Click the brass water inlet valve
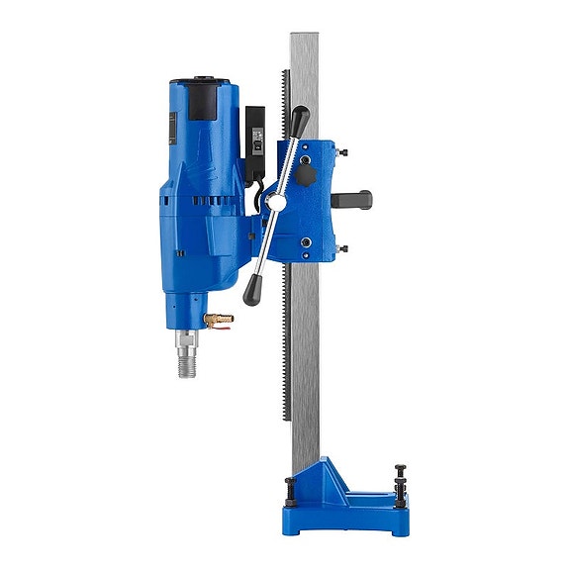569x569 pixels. (220, 319)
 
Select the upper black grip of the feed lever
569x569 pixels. (299, 122)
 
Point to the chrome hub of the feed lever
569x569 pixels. (277, 202)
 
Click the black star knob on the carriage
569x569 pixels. (305, 176)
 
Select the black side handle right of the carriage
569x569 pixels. (350, 199)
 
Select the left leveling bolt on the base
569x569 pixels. (289, 487)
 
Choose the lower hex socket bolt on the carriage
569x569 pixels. (304, 243)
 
